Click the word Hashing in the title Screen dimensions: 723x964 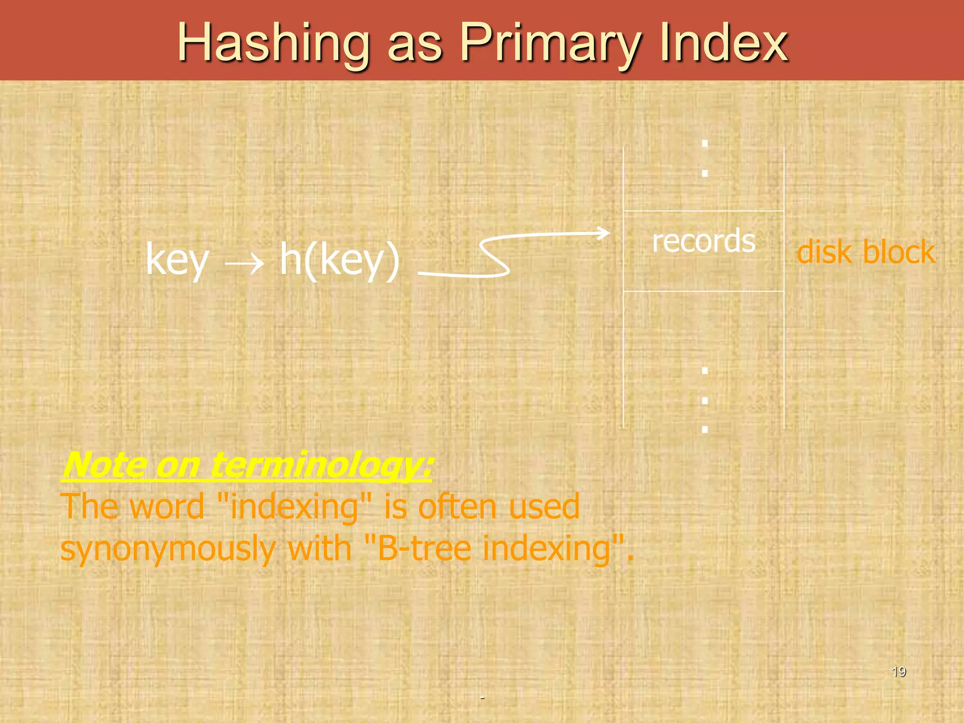pyautogui.click(x=273, y=43)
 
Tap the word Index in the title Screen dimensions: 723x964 pyautogui.click(x=723, y=43)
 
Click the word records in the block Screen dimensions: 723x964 pyautogui.click(x=704, y=241)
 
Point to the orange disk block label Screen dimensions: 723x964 pyautogui.click(x=866, y=251)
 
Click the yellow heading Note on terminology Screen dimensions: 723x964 pyautogui.click(x=247, y=465)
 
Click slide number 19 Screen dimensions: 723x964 pyautogui.click(x=899, y=671)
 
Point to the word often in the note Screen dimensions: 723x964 pyautogui.click(x=457, y=506)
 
